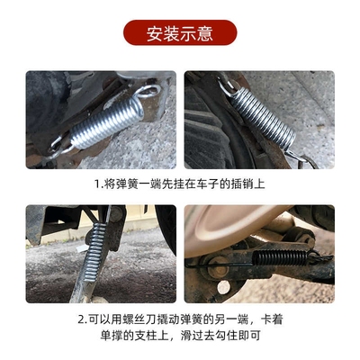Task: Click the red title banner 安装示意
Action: [180, 33]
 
